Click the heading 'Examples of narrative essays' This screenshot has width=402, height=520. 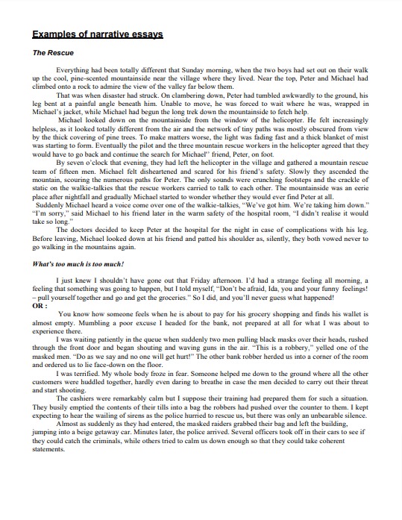click(98, 34)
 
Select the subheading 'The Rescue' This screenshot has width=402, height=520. click(51, 54)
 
